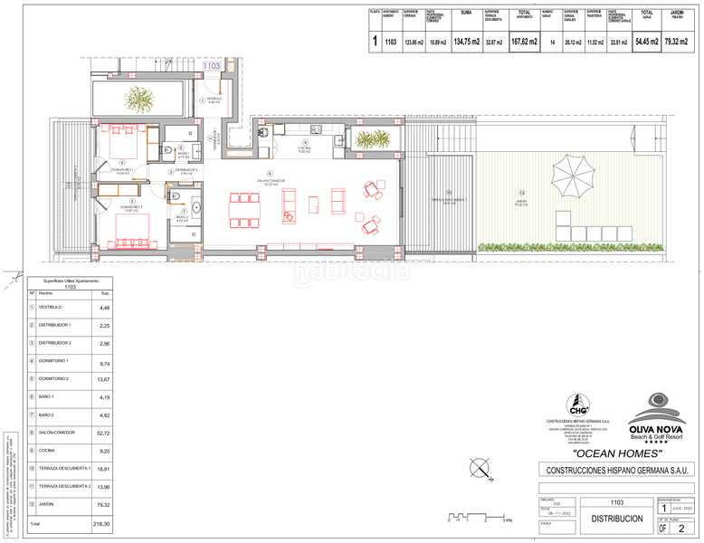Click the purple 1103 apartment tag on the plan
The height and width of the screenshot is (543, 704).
(212, 65)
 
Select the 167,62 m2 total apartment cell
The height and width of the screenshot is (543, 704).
(522, 41)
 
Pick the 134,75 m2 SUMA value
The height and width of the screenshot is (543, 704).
(467, 41)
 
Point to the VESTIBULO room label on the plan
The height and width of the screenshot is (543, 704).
(214, 100)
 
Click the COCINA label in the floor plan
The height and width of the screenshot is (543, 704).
(305, 148)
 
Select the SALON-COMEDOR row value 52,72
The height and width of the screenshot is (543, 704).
(104, 433)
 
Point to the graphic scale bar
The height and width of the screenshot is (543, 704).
(480, 517)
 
